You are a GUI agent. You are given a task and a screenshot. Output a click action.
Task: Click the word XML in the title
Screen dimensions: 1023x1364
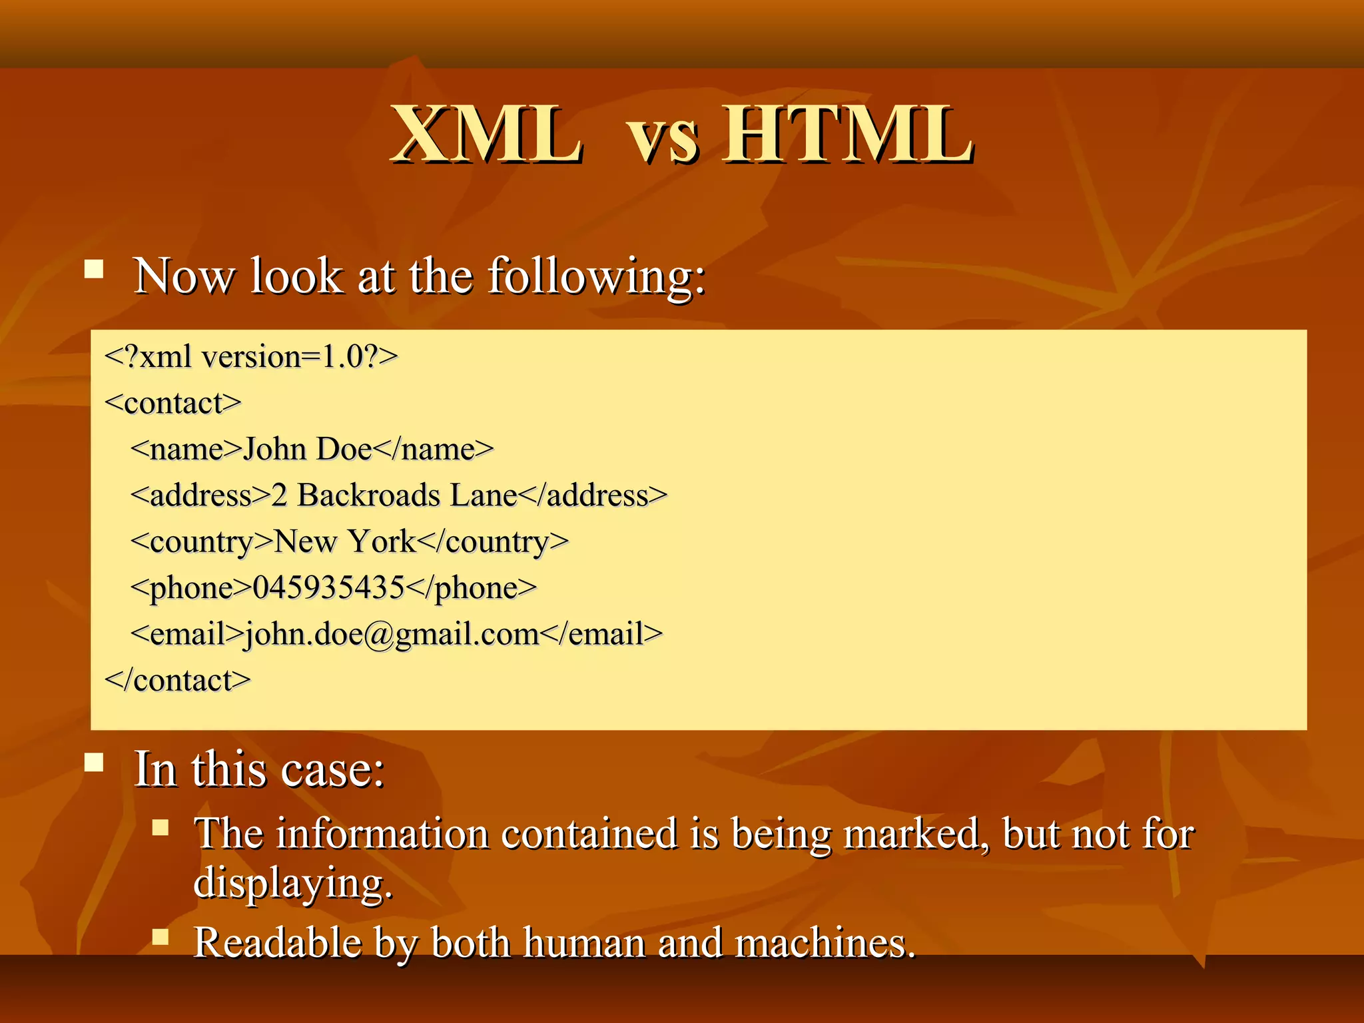click(x=486, y=135)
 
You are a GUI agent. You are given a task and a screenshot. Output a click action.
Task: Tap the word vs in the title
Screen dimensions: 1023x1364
click(x=663, y=140)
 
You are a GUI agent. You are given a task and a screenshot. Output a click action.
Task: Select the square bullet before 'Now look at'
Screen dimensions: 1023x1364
click(x=95, y=269)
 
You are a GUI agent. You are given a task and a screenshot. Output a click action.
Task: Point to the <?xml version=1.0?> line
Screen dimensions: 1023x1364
click(x=251, y=357)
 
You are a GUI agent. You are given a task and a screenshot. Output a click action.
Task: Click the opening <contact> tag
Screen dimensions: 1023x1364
click(x=173, y=404)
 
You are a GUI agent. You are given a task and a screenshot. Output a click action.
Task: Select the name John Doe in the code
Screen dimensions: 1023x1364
click(x=307, y=450)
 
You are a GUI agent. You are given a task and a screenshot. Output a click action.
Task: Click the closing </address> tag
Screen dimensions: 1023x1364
click(x=593, y=496)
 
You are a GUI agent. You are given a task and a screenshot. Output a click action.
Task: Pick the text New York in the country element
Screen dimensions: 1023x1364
click(x=345, y=541)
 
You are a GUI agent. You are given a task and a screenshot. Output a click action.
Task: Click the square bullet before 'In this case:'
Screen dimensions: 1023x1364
click(x=95, y=762)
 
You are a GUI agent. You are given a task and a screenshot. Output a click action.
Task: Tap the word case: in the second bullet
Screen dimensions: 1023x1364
click(x=333, y=771)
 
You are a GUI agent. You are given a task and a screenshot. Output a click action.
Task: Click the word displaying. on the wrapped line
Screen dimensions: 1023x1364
click(x=293, y=883)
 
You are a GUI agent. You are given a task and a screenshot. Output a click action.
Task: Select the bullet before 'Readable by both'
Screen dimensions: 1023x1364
click(x=161, y=937)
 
